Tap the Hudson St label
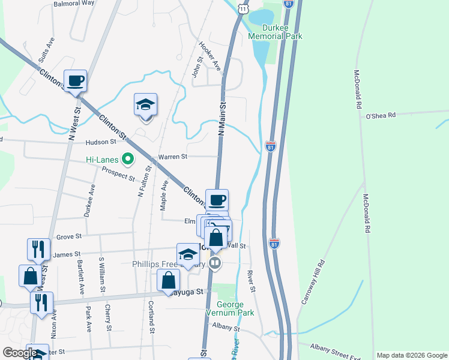[x=100, y=142]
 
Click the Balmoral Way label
[x=74, y=3]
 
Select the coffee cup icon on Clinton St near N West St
[x=76, y=81]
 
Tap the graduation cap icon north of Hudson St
[x=145, y=104]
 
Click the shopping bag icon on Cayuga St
[x=169, y=280]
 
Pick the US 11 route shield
[x=241, y=7]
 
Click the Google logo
[x=20, y=353]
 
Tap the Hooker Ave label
[x=211, y=56]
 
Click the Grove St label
[x=68, y=237]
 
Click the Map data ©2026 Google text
[x=411, y=355]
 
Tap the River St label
[x=252, y=282]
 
